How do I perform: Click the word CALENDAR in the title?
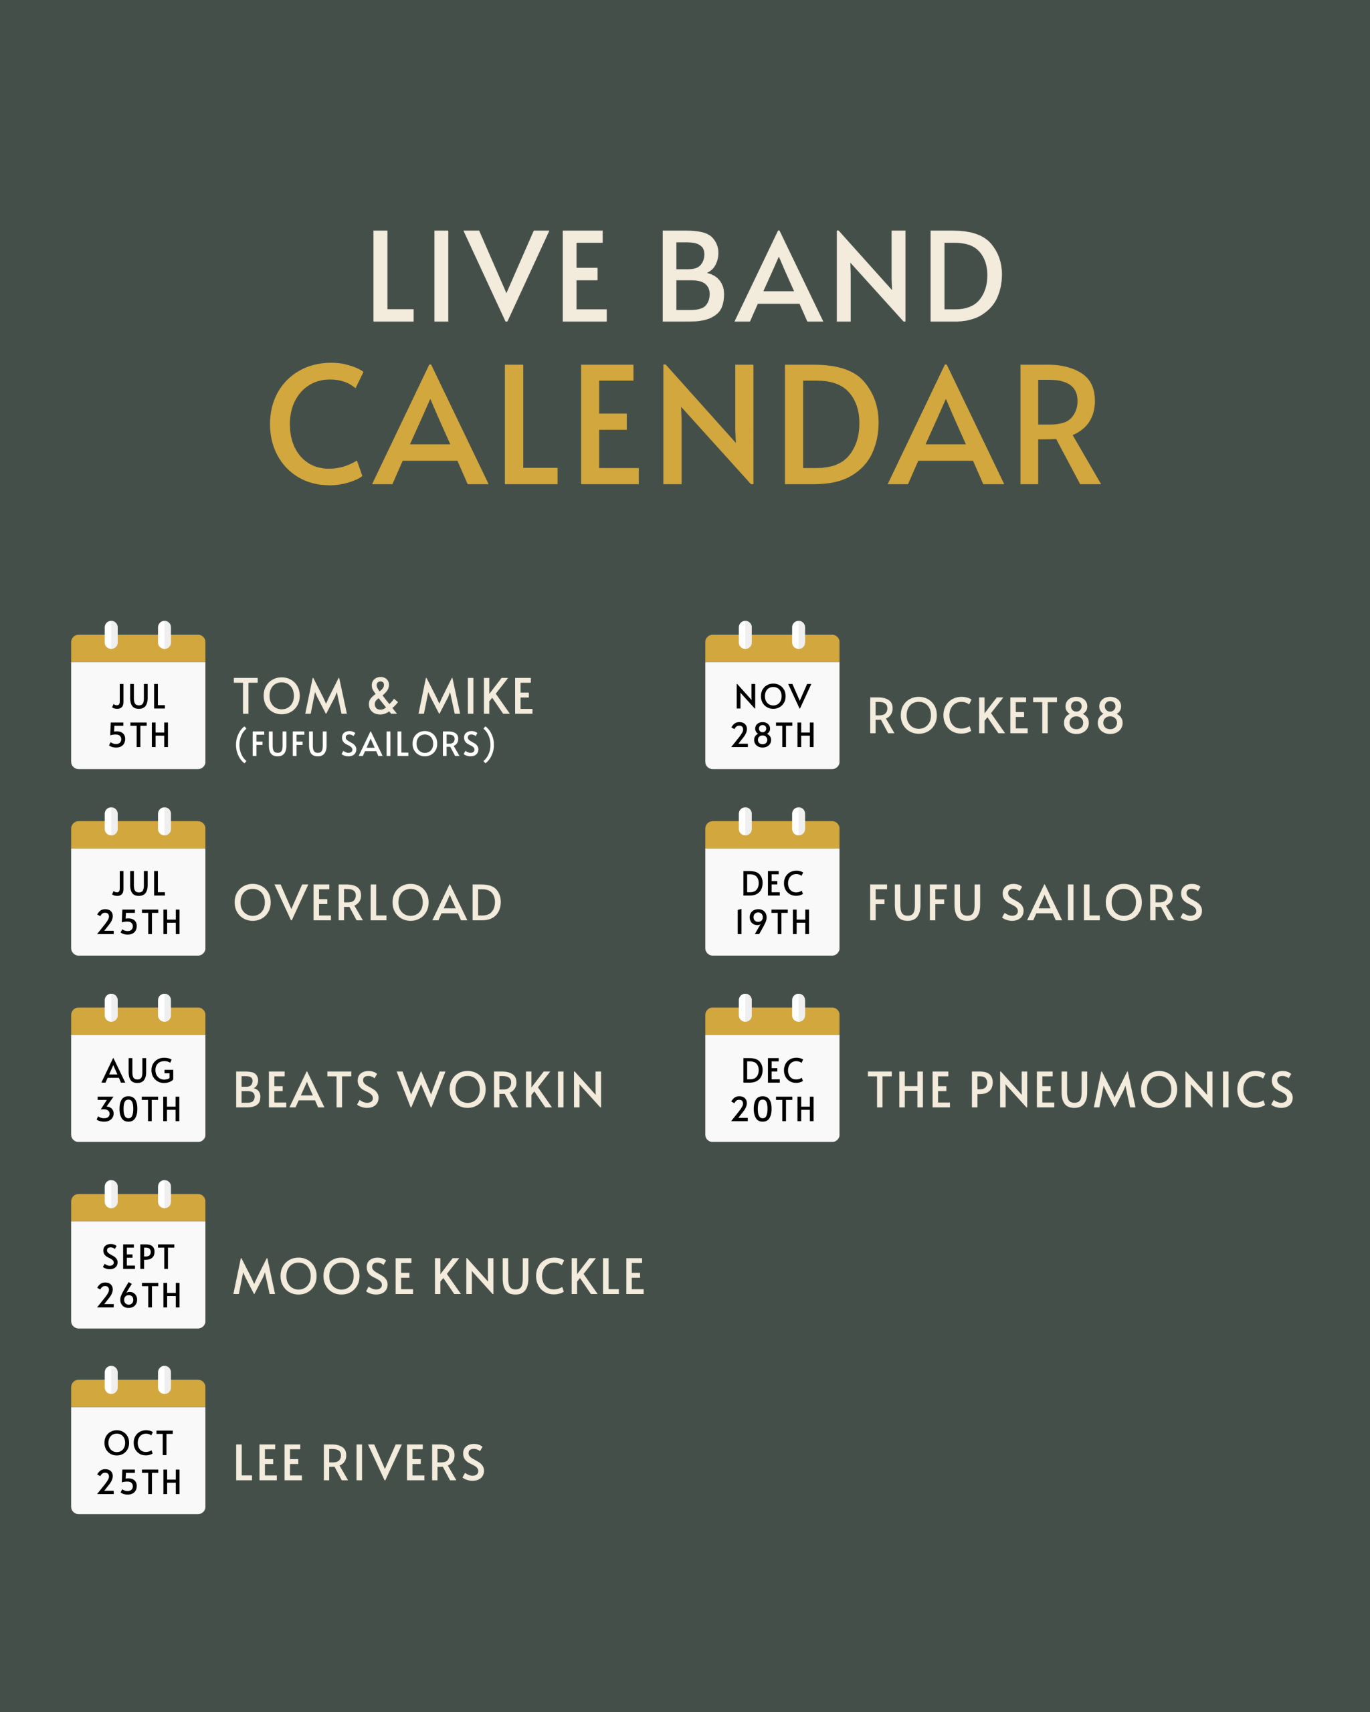coord(684,424)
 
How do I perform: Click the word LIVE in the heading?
coord(489,276)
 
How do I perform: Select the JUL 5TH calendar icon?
coord(138,695)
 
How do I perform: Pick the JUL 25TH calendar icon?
coord(138,882)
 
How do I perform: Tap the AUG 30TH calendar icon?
coord(138,1069)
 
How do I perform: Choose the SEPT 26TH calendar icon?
coord(138,1255)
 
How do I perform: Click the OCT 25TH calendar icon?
coord(138,1441)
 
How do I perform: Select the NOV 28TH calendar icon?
coord(772,695)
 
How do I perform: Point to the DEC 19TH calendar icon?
coord(772,882)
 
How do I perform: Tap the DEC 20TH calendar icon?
coord(772,1069)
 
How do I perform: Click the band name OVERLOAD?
coord(368,903)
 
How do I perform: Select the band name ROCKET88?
coord(996,716)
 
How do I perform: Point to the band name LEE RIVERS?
coord(359,1463)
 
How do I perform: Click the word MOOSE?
coord(323,1276)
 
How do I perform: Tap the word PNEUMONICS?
coord(1132,1089)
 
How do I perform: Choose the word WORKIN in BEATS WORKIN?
coord(500,1089)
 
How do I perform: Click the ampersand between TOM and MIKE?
coord(383,696)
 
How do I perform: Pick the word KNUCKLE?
coord(539,1276)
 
